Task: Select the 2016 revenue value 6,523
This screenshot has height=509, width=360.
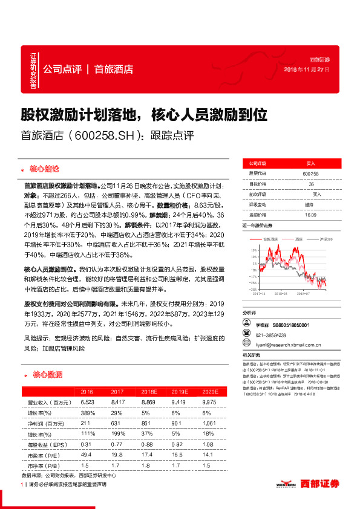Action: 88,402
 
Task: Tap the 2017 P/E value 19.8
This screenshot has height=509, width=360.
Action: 117,455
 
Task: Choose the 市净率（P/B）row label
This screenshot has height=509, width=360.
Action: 43,466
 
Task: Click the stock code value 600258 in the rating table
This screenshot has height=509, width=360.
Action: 310,173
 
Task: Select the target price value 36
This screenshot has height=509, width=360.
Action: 310,184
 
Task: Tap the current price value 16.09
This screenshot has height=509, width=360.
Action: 310,215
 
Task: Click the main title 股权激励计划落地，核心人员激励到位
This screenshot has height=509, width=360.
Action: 144,114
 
